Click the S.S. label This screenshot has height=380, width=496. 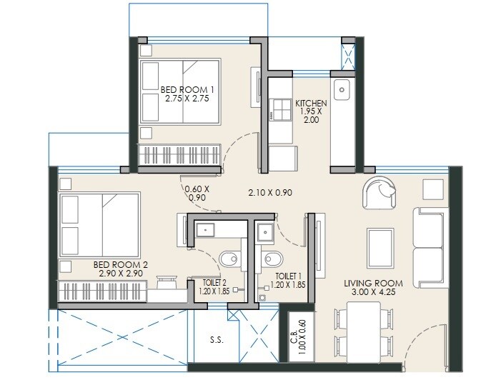pyautogui.click(x=217, y=340)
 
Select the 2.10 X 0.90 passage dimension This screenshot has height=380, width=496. pyautogui.click(x=270, y=193)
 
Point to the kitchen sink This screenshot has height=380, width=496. pyautogui.click(x=342, y=89)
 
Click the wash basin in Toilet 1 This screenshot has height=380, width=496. pyautogui.click(x=264, y=231)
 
